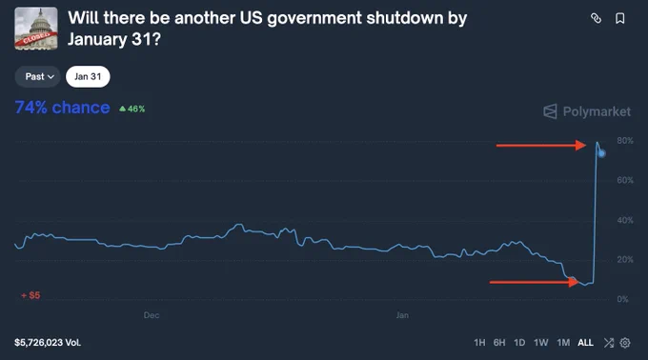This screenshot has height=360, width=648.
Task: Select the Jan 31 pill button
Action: point(88,77)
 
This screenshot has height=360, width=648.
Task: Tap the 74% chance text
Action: point(62,108)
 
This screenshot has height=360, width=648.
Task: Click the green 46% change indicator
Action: point(132,109)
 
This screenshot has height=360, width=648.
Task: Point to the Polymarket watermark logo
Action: point(587,111)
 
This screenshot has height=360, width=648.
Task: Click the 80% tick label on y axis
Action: point(625,141)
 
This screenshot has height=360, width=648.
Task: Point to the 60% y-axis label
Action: point(625,180)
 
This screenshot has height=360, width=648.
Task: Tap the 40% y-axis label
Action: point(625,220)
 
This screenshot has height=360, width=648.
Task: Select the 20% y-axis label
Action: point(625,260)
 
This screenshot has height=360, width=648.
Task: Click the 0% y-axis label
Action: point(623,299)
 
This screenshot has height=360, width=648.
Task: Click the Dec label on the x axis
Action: point(152,315)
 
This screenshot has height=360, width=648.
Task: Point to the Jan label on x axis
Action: point(402,315)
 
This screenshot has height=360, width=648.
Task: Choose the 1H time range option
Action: point(479,343)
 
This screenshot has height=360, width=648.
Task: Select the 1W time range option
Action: point(540,343)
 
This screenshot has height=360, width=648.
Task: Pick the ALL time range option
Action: point(585,343)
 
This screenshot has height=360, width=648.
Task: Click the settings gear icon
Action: point(625,343)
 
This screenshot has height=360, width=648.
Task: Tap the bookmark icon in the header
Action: point(620,18)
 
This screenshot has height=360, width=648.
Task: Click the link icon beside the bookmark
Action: point(596,18)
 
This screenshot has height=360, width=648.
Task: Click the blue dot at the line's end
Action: point(601,153)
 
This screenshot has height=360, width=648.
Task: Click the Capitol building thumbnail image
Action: point(36,29)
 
